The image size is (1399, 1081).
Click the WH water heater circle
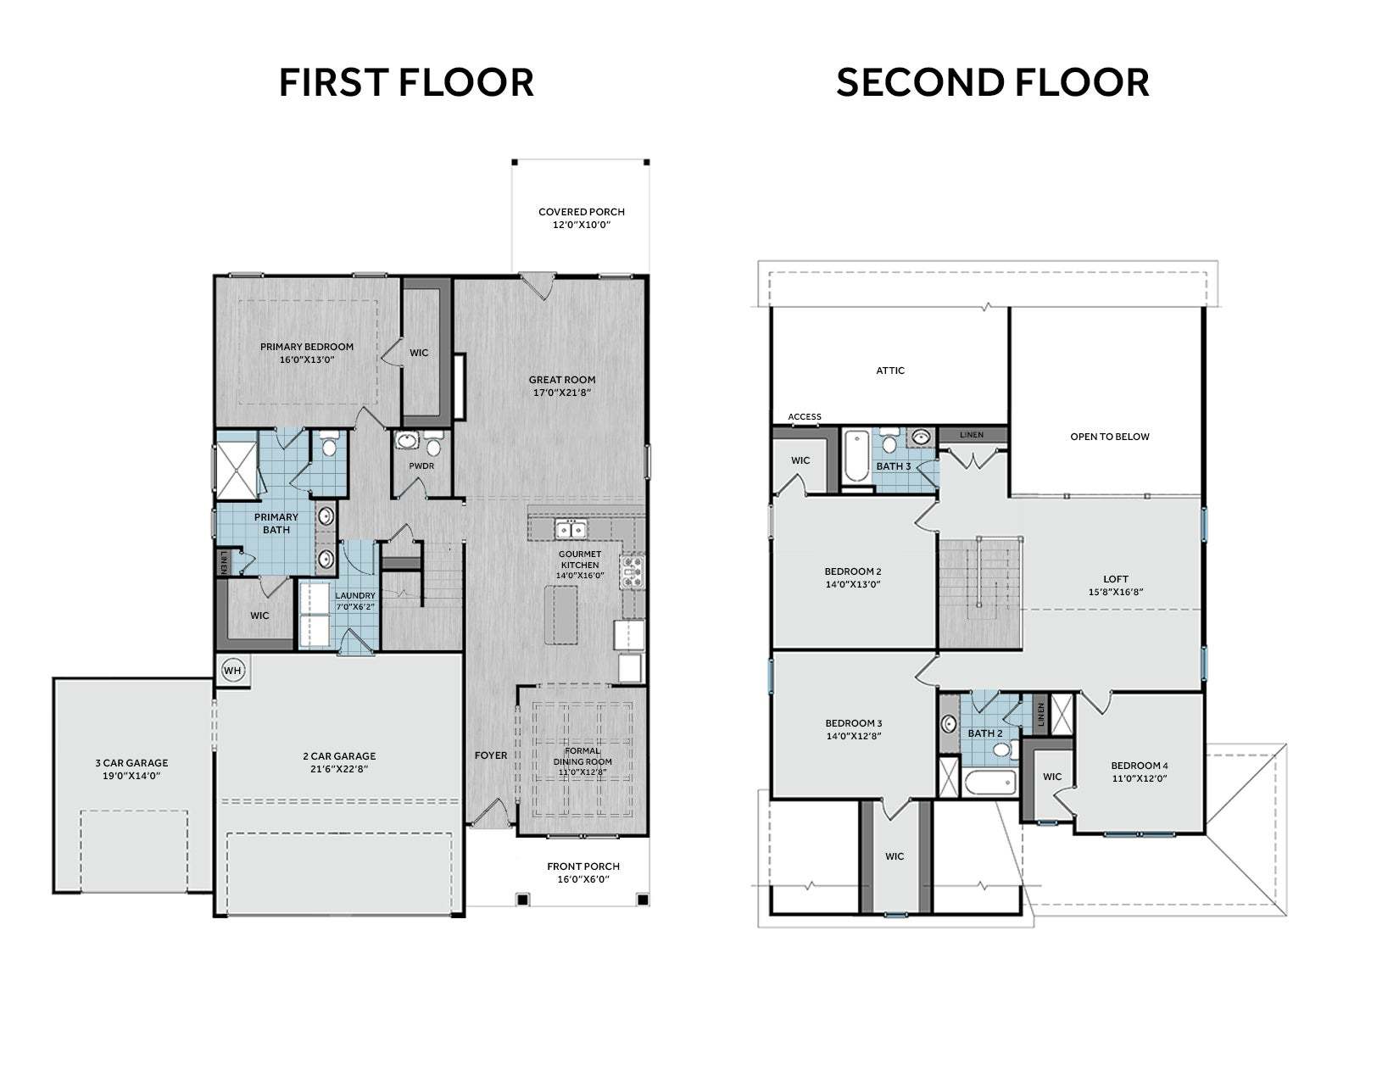(232, 671)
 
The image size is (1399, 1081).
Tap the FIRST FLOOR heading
(406, 83)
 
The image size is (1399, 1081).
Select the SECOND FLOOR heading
(992, 83)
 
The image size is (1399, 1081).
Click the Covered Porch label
(582, 212)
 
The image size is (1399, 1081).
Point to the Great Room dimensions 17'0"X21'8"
(562, 393)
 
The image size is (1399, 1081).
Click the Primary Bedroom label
(306, 347)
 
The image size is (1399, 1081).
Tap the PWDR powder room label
(421, 465)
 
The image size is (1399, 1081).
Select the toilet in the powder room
(434, 443)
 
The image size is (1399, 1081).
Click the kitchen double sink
(571, 529)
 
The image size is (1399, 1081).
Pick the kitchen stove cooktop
(632, 572)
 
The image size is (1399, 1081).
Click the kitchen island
(560, 614)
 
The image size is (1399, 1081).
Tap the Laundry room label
(354, 595)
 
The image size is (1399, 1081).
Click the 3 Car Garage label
(131, 763)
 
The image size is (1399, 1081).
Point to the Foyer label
(491, 755)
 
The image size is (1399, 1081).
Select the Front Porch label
(583, 866)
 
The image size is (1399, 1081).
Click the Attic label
(890, 371)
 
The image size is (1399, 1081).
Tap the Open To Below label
(1109, 437)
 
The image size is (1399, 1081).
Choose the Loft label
(1116, 579)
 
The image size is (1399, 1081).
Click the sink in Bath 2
(948, 724)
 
